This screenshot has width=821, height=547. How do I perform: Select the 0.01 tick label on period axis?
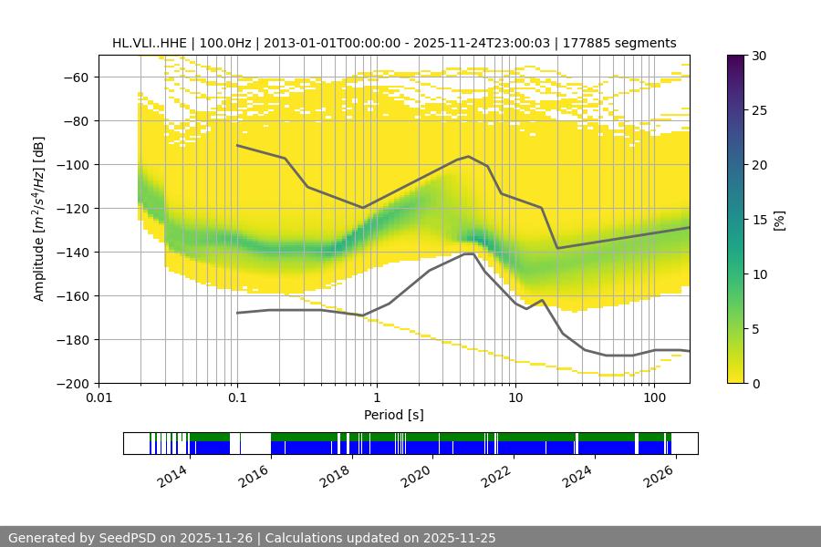[x=99, y=398]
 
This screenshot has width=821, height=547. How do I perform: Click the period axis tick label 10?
[x=515, y=398]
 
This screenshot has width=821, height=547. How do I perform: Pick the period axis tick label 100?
[x=654, y=398]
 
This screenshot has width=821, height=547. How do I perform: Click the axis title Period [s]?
[x=393, y=415]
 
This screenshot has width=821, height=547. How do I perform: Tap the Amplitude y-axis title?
[x=38, y=220]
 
